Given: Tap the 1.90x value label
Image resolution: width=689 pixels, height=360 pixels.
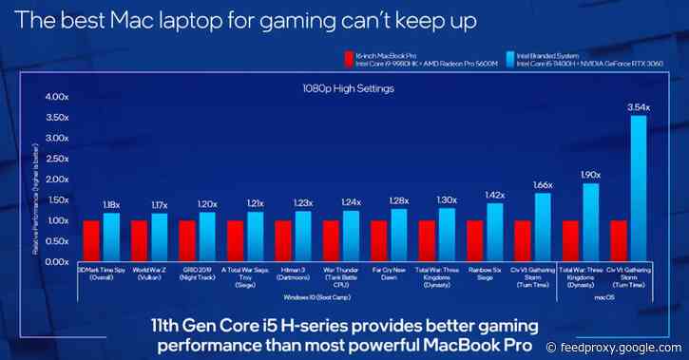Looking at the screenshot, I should point(589,174).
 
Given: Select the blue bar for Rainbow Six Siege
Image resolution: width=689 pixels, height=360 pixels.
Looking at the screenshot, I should point(493,232).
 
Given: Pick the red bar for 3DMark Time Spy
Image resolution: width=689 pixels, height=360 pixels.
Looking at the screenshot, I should point(91,241).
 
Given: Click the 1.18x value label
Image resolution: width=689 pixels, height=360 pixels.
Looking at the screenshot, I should point(112,204).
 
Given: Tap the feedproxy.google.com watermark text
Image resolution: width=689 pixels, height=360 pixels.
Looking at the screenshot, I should point(628,347).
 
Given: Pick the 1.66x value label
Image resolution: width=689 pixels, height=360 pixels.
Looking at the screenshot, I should point(542,184).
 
